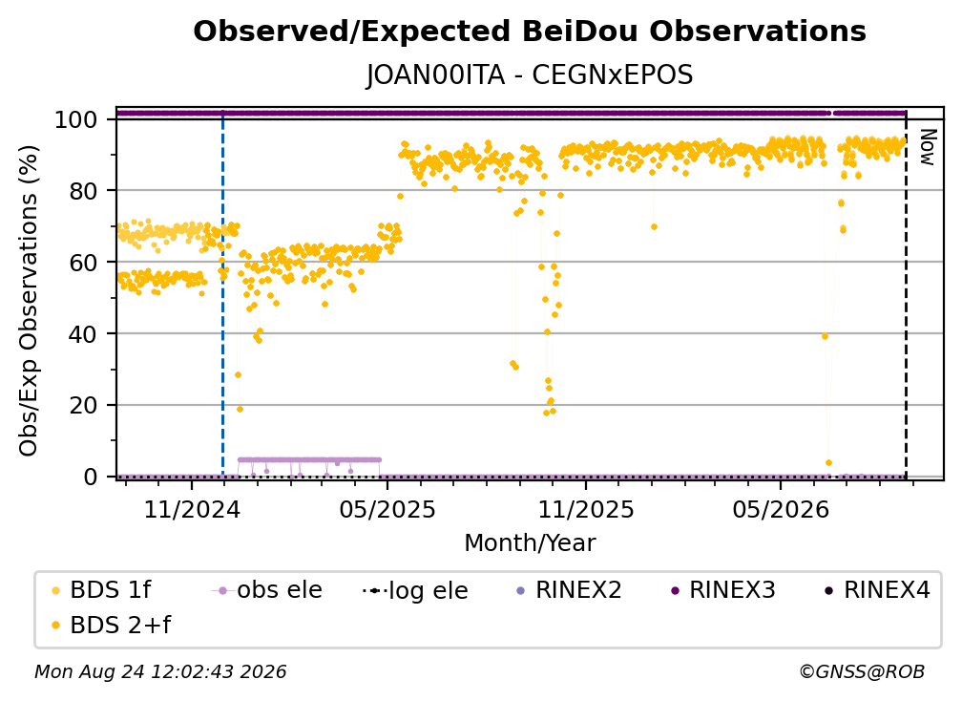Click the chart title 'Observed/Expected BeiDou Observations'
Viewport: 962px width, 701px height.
point(530,32)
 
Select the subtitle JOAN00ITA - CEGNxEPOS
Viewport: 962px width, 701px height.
point(530,74)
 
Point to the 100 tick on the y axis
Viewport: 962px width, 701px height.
point(76,119)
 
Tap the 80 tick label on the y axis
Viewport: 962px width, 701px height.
point(83,191)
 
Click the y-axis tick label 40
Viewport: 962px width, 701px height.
point(83,334)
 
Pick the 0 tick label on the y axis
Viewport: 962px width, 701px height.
point(91,477)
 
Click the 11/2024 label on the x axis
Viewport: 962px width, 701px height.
point(192,509)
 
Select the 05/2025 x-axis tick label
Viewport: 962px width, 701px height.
point(387,509)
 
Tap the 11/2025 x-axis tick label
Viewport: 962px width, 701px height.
point(586,509)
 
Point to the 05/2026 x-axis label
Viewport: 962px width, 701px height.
point(781,509)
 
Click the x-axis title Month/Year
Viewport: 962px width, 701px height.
point(530,542)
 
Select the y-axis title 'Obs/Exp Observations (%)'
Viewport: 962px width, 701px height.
point(29,301)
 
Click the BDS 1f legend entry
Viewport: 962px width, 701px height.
point(102,590)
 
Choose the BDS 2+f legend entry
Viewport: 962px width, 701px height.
point(112,626)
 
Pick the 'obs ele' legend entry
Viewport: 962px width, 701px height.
point(267,590)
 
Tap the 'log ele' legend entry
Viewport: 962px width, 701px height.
point(416,591)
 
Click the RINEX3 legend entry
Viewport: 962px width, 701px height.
point(723,590)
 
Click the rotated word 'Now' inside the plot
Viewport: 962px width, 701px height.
point(927,147)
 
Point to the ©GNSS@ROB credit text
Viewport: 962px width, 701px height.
point(862,672)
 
